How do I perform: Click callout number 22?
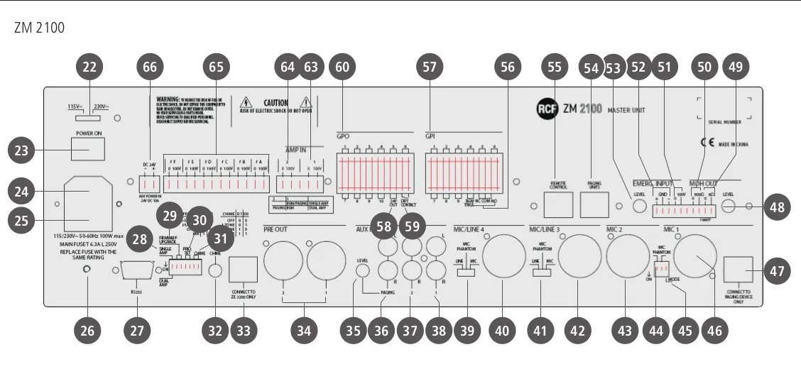pyautogui.click(x=89, y=67)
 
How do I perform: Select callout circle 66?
pyautogui.click(x=149, y=67)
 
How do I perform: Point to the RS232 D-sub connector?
pyautogui.click(x=138, y=271)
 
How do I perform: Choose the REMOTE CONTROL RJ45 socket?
pyautogui.click(x=557, y=205)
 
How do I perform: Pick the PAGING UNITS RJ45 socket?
pyautogui.click(x=594, y=205)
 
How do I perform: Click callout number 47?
pyautogui.click(x=778, y=272)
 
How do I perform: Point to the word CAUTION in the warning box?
pyautogui.click(x=276, y=103)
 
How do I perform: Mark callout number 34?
pyautogui.click(x=304, y=330)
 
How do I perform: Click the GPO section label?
pyautogui.click(x=344, y=136)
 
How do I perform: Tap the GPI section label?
pyautogui.click(x=430, y=136)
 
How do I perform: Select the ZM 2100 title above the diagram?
pyautogui.click(x=39, y=28)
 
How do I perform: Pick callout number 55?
pyautogui.click(x=555, y=67)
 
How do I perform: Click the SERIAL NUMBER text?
pyautogui.click(x=725, y=122)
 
